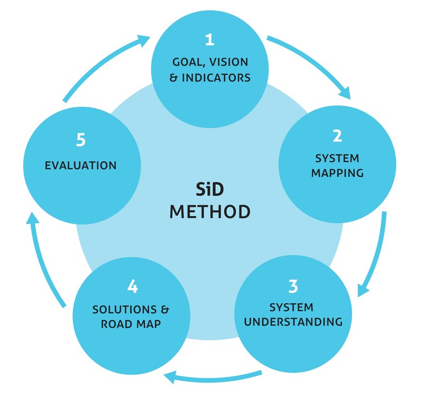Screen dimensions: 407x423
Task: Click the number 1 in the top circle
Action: pos(210,40)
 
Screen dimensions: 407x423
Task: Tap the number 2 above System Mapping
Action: pos(337,136)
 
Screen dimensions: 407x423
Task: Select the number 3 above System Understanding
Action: pos(292,286)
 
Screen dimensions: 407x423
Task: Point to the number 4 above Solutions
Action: pos(132,286)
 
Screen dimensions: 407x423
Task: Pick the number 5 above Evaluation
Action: pos(80,140)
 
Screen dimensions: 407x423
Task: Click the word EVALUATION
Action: pos(81,165)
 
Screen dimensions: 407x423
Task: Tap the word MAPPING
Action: pos(337,172)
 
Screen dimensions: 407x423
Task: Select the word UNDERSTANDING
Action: pos(293,321)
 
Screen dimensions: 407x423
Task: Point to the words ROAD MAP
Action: pos(131,322)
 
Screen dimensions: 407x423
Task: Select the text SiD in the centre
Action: pos(209,188)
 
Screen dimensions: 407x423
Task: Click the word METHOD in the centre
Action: pos(209,211)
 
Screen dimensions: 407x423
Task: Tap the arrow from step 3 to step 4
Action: pos(212,377)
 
